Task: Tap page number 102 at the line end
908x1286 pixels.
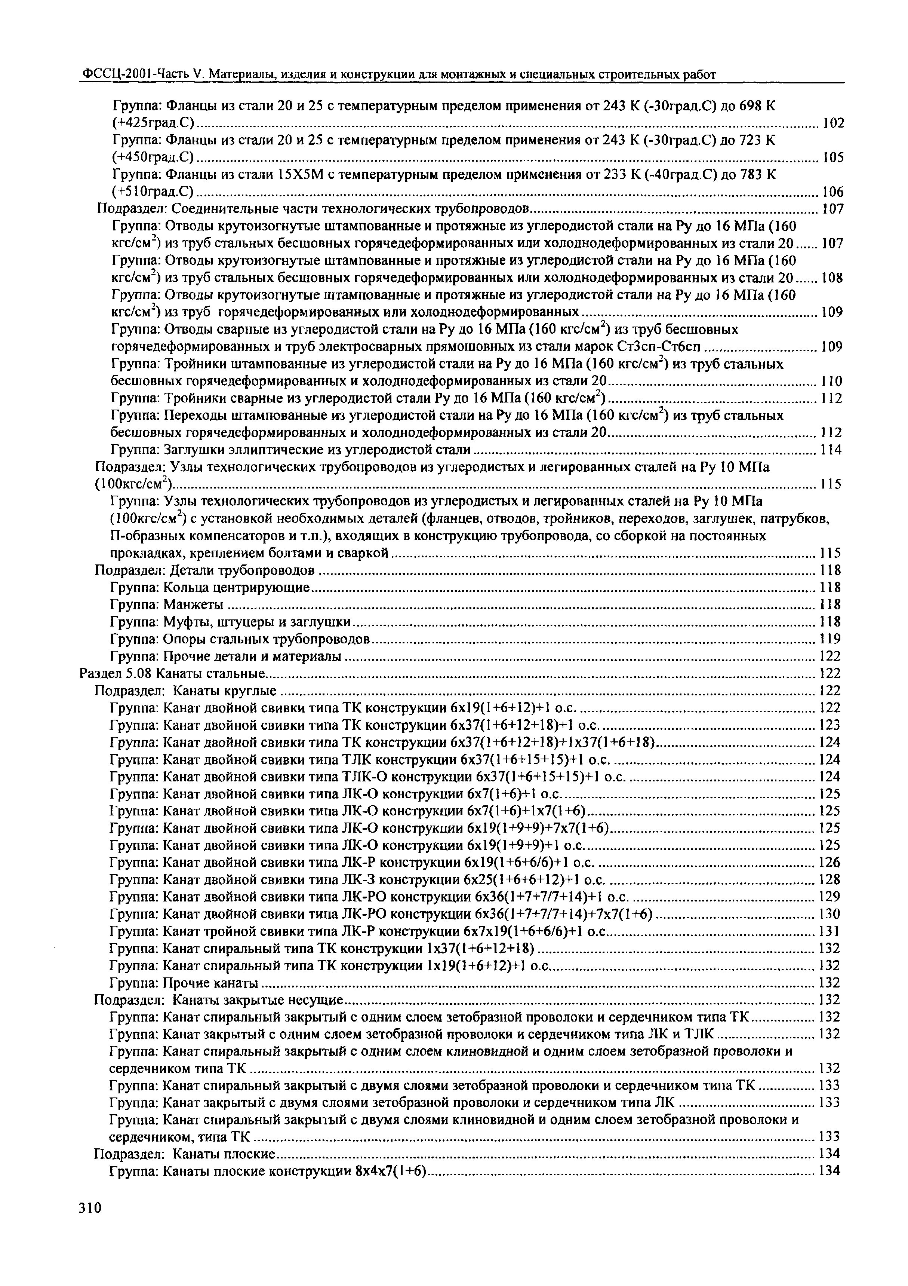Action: (x=833, y=123)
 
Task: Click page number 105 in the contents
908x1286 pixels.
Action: (x=833, y=157)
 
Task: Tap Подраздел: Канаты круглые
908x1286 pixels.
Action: (x=185, y=690)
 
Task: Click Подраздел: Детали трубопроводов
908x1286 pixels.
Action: (x=204, y=570)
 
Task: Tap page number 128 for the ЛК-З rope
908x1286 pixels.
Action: (x=829, y=880)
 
